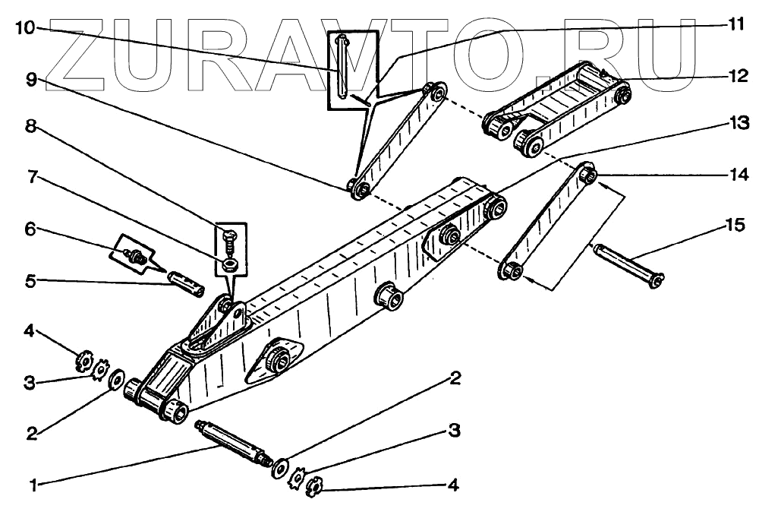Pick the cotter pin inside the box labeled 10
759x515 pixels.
[x=344, y=67]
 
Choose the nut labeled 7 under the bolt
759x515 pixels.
[x=228, y=264]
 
